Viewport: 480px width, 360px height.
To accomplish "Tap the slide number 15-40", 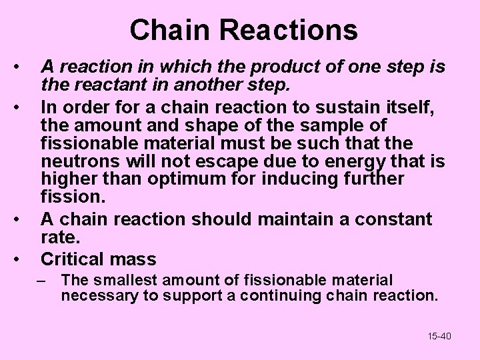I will pos(439,336).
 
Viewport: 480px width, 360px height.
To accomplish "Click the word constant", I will pos(394,219).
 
